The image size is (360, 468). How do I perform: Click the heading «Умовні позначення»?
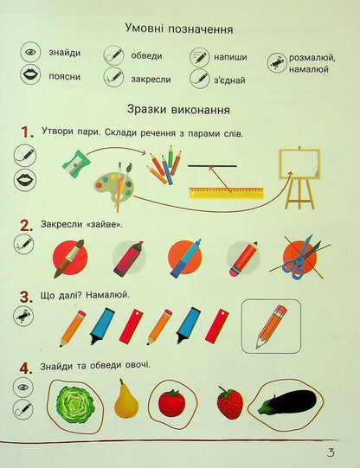point(178,29)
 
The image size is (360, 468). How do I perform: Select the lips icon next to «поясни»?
point(30,76)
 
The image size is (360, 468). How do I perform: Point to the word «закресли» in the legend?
point(151,78)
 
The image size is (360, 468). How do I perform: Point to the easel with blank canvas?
point(299,177)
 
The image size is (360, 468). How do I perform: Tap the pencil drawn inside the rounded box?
point(271,325)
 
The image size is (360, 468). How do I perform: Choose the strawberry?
point(229,403)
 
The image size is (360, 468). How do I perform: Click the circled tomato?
point(171,402)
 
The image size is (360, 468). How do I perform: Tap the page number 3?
point(331,454)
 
